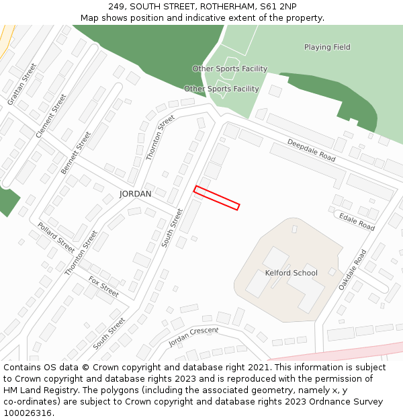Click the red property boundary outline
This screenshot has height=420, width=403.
pyautogui.click(x=216, y=198)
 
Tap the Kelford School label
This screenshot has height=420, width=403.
pyautogui.click(x=291, y=273)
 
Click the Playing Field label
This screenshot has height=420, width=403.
pyautogui.click(x=327, y=47)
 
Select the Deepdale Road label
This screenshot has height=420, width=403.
pyautogui.click(x=311, y=150)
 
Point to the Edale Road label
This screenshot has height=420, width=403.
pyautogui.click(x=357, y=222)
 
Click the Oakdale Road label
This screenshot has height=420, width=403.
pyautogui.click(x=353, y=269)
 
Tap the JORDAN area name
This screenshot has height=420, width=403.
pyautogui.click(x=135, y=194)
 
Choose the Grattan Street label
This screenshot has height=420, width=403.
pyautogui.click(x=22, y=84)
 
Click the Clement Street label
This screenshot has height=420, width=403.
pyautogui.click(x=51, y=116)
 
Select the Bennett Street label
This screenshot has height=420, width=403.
pyautogui.click(x=75, y=153)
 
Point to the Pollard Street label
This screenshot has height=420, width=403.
pyautogui.click(x=56, y=237)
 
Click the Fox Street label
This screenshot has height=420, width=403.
pyautogui.click(x=103, y=287)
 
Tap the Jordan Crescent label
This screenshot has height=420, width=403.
pyautogui.click(x=193, y=336)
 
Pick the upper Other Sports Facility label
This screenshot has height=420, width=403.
pyautogui.click(x=230, y=69)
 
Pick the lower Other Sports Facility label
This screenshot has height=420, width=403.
pyautogui.click(x=221, y=89)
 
